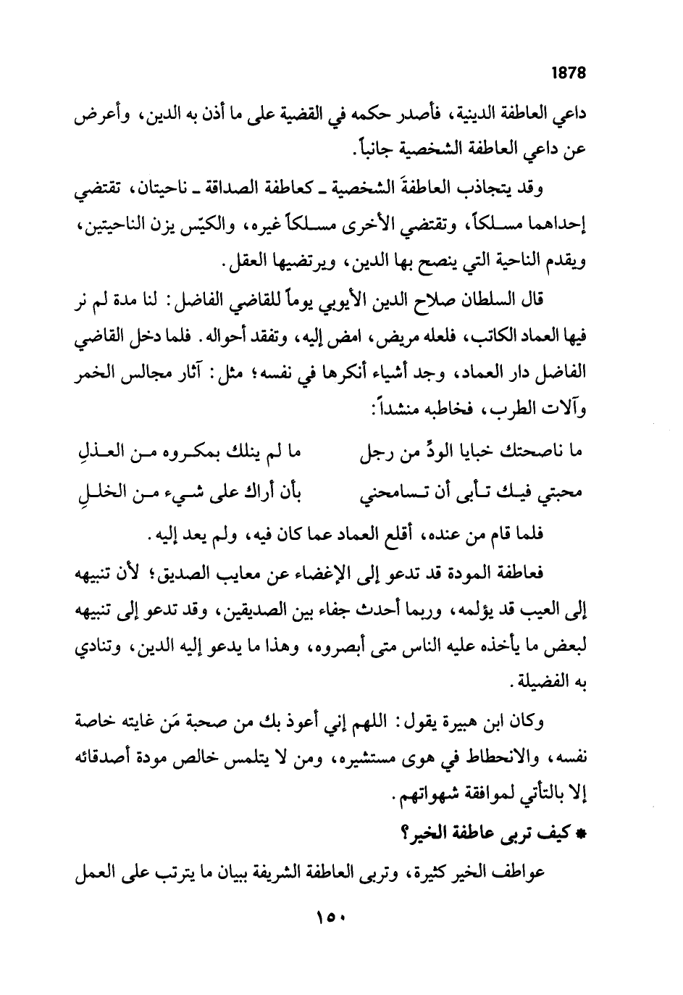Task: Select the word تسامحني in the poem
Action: click(391, 492)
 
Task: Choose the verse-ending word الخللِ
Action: click(104, 492)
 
